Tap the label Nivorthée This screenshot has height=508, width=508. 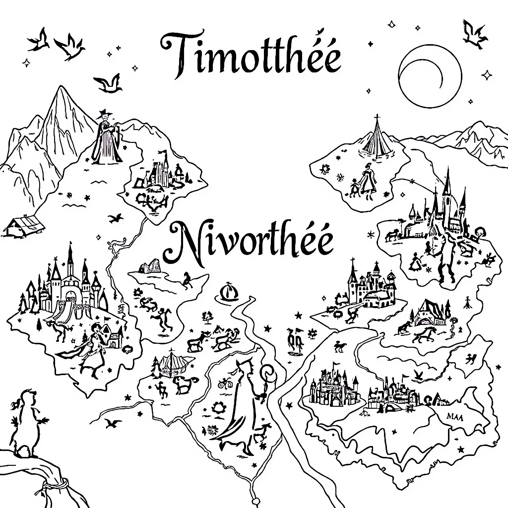pos(249,243)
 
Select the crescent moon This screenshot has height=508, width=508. pos(430,76)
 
